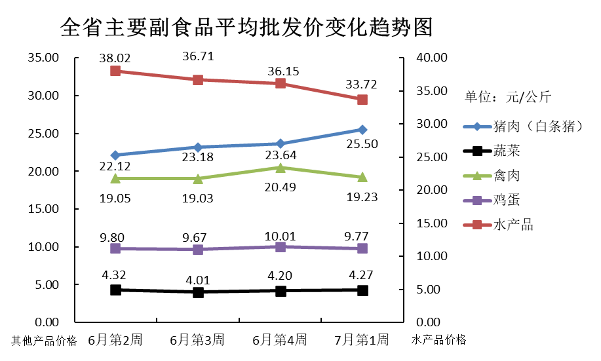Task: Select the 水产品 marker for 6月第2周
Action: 115,71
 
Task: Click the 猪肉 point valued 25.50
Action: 362,130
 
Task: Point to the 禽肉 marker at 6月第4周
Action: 280,168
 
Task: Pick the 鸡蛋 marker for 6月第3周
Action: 197,250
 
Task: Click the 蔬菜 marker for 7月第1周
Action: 362,290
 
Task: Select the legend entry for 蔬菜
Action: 507,151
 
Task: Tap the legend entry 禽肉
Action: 507,176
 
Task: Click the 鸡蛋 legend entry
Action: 507,200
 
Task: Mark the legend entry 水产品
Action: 513,225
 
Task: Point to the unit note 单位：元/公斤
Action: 507,97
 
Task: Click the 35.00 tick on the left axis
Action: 43,58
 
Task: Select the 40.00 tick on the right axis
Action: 431,58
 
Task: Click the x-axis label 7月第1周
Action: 362,340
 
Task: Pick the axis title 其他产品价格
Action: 44,341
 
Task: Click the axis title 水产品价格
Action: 439,340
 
